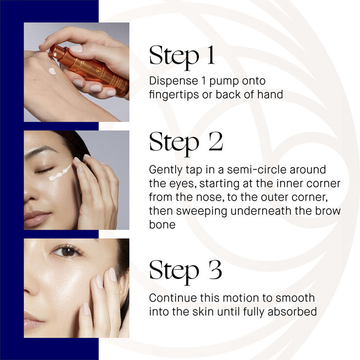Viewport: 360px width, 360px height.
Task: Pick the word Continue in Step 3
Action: [x=171, y=298]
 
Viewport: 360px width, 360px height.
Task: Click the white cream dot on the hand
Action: [x=52, y=71]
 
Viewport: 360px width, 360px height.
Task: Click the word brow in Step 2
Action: [x=328, y=211]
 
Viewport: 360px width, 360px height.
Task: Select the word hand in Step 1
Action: [x=270, y=94]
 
